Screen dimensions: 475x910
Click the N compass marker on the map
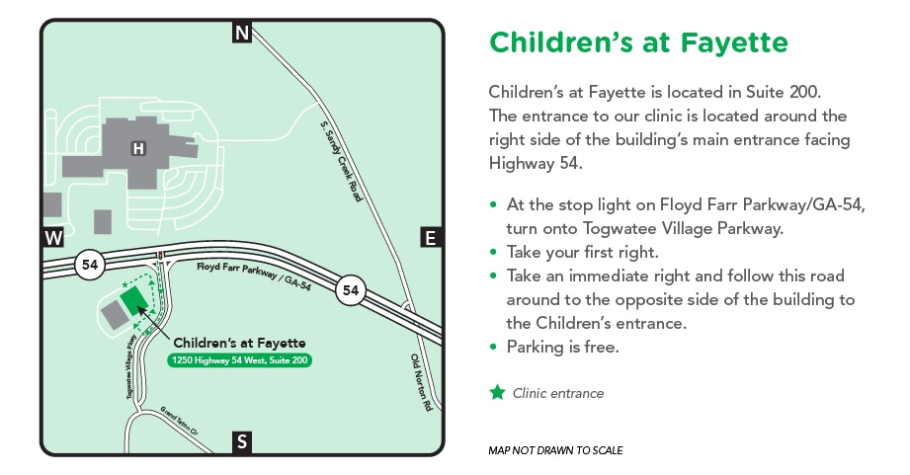click(x=242, y=34)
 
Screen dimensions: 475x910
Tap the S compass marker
click(x=242, y=441)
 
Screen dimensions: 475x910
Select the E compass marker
click(x=430, y=237)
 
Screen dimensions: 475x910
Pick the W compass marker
click(x=53, y=238)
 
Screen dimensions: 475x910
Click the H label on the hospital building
click(x=138, y=149)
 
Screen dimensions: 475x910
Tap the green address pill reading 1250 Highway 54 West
click(x=240, y=360)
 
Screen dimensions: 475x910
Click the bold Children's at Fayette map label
click(x=239, y=343)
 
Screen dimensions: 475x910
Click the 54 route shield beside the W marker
click(x=91, y=265)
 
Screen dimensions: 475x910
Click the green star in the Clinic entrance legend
click(x=498, y=392)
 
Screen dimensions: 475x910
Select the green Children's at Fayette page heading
click(x=638, y=43)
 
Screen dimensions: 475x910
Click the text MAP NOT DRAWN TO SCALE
click(x=555, y=450)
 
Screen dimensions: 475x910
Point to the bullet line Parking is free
click(x=564, y=347)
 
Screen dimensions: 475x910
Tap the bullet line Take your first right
click(x=582, y=252)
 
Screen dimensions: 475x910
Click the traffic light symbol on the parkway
click(x=159, y=254)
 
